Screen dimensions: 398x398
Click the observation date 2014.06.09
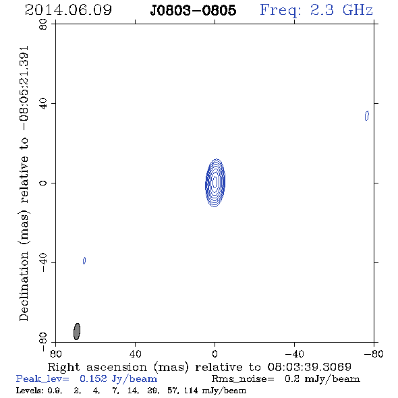click(68, 10)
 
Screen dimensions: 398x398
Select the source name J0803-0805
click(193, 10)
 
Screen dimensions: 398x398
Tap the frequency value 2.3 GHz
click(341, 10)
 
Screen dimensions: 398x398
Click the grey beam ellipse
click(77, 331)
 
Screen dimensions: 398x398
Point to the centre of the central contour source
click(215, 183)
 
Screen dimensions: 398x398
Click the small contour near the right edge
click(367, 116)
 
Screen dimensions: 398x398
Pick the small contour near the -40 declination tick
click(84, 260)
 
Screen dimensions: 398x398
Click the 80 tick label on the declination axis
click(43, 24)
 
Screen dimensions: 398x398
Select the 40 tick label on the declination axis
click(43, 104)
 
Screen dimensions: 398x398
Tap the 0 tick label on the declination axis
click(43, 183)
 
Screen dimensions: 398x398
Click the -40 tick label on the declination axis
click(43, 262)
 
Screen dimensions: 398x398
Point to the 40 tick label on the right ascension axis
click(135, 353)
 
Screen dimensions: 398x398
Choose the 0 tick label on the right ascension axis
click(215, 353)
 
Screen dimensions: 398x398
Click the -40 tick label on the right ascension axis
click(294, 353)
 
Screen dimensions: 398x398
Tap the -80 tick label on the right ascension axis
click(374, 353)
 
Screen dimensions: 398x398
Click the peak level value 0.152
click(93, 378)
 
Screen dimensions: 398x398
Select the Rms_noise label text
click(243, 379)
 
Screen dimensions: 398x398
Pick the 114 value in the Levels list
click(191, 391)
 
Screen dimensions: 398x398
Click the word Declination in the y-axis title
click(24, 286)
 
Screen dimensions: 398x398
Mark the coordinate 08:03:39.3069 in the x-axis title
click(309, 367)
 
